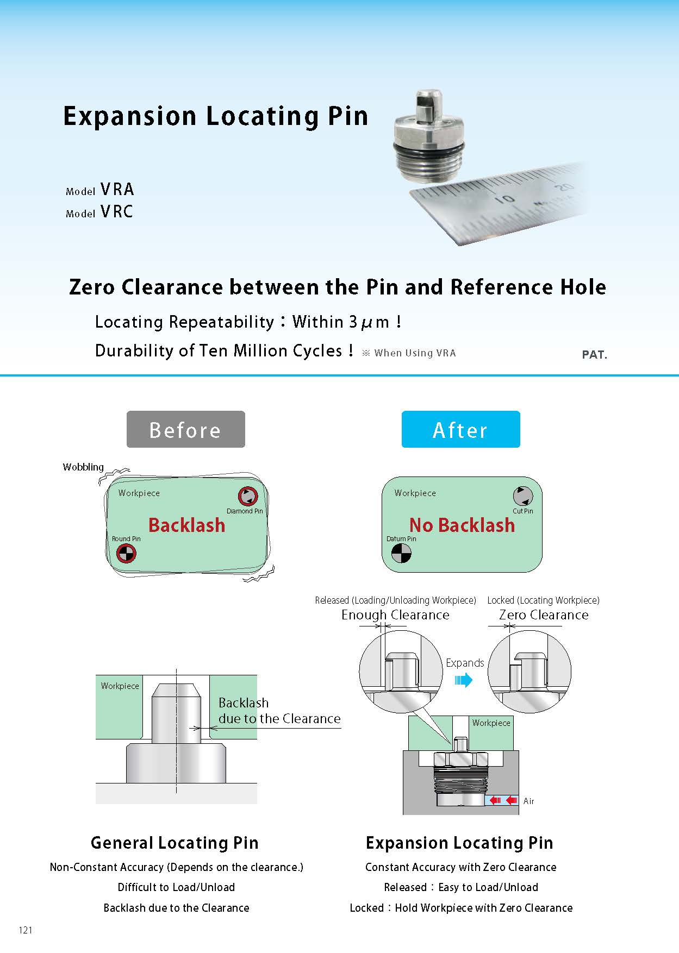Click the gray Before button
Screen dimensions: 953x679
(x=185, y=429)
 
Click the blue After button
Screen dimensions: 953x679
(x=460, y=429)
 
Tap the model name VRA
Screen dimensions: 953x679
(x=117, y=189)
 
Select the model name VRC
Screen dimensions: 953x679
(x=117, y=211)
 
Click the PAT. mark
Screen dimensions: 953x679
(x=594, y=355)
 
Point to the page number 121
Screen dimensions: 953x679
(x=26, y=930)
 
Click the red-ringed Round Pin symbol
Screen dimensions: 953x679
(x=126, y=553)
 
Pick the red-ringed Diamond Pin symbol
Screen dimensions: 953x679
(x=247, y=496)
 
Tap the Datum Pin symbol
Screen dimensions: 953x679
(x=401, y=553)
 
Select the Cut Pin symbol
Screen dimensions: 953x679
(x=523, y=496)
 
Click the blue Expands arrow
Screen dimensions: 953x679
(x=463, y=680)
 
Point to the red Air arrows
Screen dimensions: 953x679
(x=503, y=800)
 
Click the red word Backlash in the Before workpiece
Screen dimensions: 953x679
(x=186, y=525)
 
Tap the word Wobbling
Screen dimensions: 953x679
(x=83, y=467)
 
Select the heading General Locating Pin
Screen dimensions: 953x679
(x=175, y=842)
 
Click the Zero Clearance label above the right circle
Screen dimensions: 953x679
(x=544, y=615)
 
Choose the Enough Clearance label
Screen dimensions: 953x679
(x=395, y=615)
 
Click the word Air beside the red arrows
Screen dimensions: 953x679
(x=528, y=801)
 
